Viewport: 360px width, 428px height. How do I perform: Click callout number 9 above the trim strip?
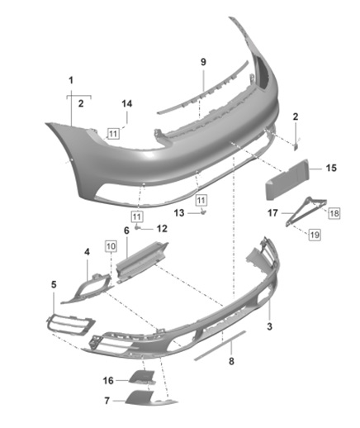point(203,62)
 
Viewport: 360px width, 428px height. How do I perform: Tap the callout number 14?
point(127,104)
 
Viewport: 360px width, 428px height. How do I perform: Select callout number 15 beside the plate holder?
point(331,168)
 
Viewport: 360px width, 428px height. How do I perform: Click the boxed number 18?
point(334,213)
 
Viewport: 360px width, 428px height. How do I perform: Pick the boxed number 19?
point(315,235)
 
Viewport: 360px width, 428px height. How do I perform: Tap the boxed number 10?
point(111,246)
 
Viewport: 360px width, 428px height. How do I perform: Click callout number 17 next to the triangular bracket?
point(272,213)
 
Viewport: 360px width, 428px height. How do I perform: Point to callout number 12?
point(162,229)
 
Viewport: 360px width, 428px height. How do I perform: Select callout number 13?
point(179,212)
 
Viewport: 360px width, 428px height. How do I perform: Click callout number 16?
point(108,381)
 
